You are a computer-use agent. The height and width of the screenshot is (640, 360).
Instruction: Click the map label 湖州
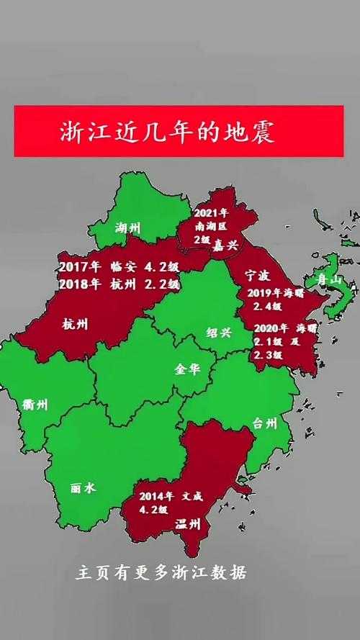pos(128,230)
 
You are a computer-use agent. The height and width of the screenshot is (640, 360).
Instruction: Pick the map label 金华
pos(187,369)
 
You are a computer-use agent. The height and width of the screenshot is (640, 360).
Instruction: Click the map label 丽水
pos(83,487)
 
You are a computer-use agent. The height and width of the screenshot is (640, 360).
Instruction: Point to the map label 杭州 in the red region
pos(76,325)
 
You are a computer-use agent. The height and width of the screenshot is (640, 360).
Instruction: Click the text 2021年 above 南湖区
pos(212,213)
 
